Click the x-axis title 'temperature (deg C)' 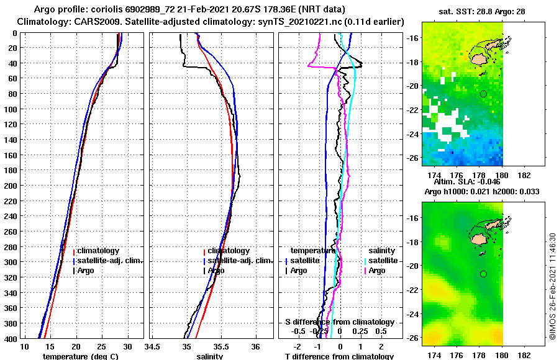80,356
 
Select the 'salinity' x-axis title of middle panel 210,356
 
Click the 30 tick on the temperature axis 128,346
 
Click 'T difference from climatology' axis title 339,356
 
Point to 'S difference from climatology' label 339,322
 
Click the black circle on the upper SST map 483,94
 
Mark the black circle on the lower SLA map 483,274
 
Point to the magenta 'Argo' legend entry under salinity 376,270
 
